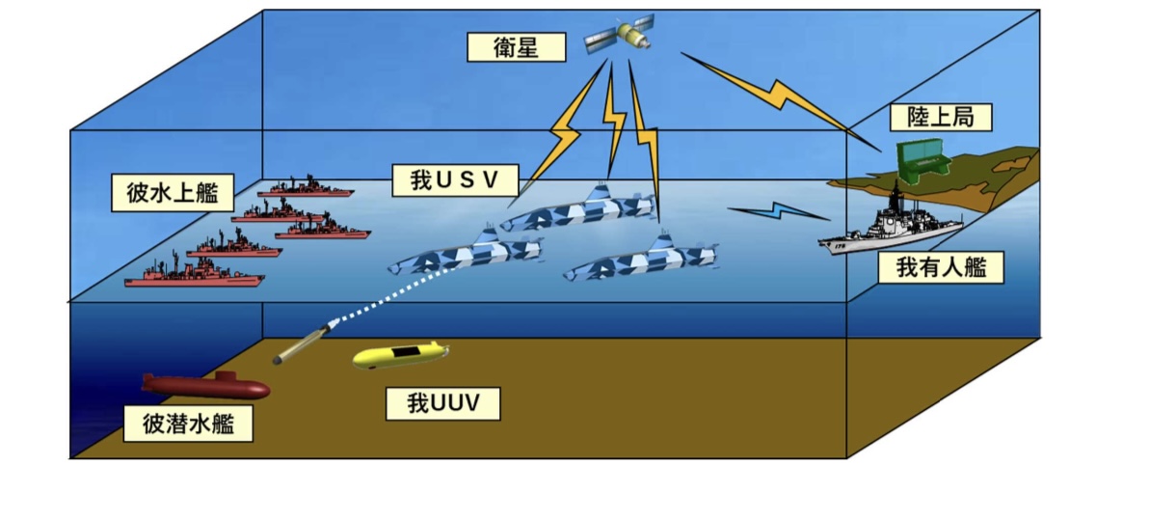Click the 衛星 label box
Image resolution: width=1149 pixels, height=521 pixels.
point(516,47)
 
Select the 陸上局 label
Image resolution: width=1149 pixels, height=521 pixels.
point(940,117)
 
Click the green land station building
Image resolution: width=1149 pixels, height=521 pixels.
point(920,160)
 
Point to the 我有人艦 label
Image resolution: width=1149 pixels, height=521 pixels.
point(941,267)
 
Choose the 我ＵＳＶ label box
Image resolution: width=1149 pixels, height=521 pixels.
point(455,179)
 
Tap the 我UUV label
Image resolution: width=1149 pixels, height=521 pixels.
point(442,403)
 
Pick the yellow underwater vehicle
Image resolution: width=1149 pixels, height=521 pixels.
point(400,355)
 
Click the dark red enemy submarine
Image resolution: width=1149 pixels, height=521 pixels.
point(205,385)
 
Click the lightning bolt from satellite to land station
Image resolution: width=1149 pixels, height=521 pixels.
point(779,95)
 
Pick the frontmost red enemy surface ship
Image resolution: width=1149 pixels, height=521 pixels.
point(194,274)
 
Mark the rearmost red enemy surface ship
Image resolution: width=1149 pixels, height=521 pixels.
point(307,188)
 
